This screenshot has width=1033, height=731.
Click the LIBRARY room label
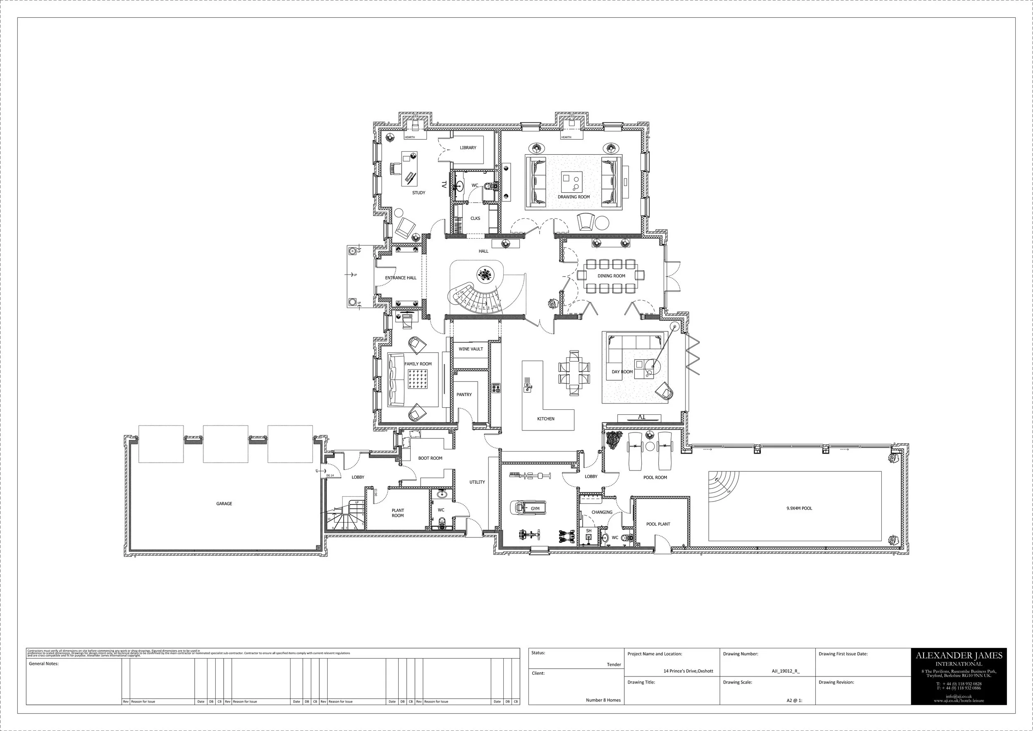(x=468, y=148)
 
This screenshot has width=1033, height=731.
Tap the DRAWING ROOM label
(x=574, y=197)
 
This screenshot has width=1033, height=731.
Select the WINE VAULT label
(x=471, y=349)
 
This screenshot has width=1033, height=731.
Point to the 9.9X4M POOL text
(x=799, y=508)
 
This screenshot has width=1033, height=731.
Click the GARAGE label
(x=224, y=504)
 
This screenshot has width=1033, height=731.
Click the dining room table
(x=611, y=275)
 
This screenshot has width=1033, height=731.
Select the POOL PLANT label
(x=658, y=524)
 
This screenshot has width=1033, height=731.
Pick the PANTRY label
(x=464, y=394)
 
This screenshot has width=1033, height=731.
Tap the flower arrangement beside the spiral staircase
(x=485, y=274)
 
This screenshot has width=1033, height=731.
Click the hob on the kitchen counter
(x=496, y=387)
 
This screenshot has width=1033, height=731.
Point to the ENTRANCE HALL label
(x=400, y=278)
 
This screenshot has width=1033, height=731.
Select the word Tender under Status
(x=614, y=664)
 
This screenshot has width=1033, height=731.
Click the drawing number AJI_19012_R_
(x=785, y=671)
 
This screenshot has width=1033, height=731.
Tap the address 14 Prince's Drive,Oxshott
(x=688, y=671)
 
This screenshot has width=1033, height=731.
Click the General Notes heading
(x=44, y=664)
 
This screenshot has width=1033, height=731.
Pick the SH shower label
(x=588, y=531)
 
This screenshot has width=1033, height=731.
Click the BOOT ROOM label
(x=430, y=458)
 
